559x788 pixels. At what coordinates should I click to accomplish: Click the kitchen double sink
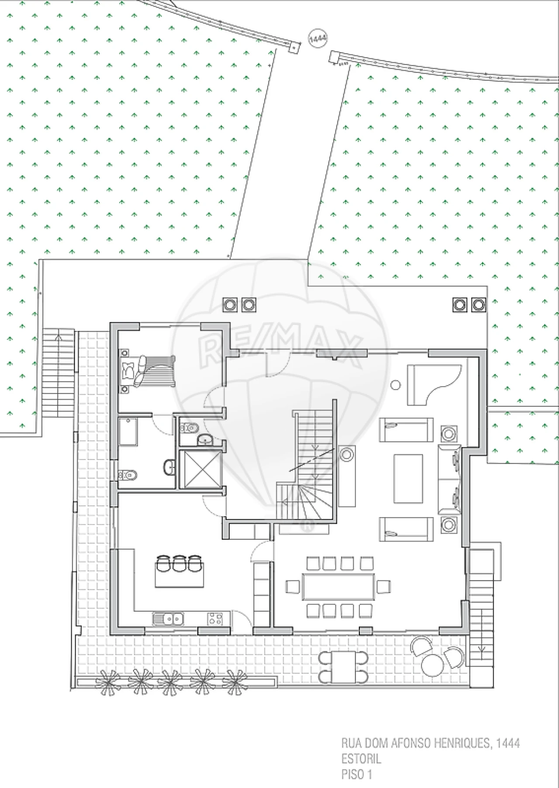[168, 618]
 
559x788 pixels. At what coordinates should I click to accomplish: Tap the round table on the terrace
[432, 665]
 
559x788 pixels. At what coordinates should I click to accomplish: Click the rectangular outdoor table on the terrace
[344, 667]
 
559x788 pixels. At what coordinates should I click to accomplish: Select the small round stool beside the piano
[396, 385]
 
